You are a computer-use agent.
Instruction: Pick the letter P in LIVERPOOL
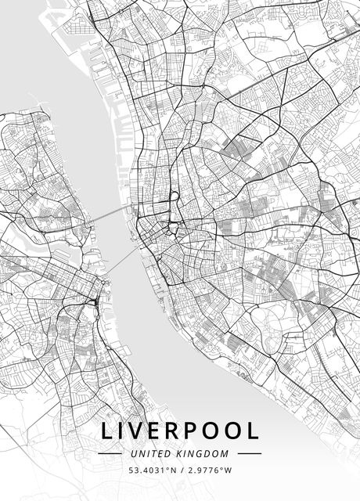[x=198, y=431]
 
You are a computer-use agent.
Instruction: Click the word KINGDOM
[x=206, y=453]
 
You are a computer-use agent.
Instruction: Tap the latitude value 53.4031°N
[x=153, y=470]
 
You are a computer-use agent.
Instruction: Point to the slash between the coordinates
[x=182, y=470]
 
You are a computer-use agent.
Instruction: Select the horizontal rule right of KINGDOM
[x=249, y=453]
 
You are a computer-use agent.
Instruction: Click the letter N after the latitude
[x=172, y=470]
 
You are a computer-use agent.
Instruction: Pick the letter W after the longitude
[x=229, y=470]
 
